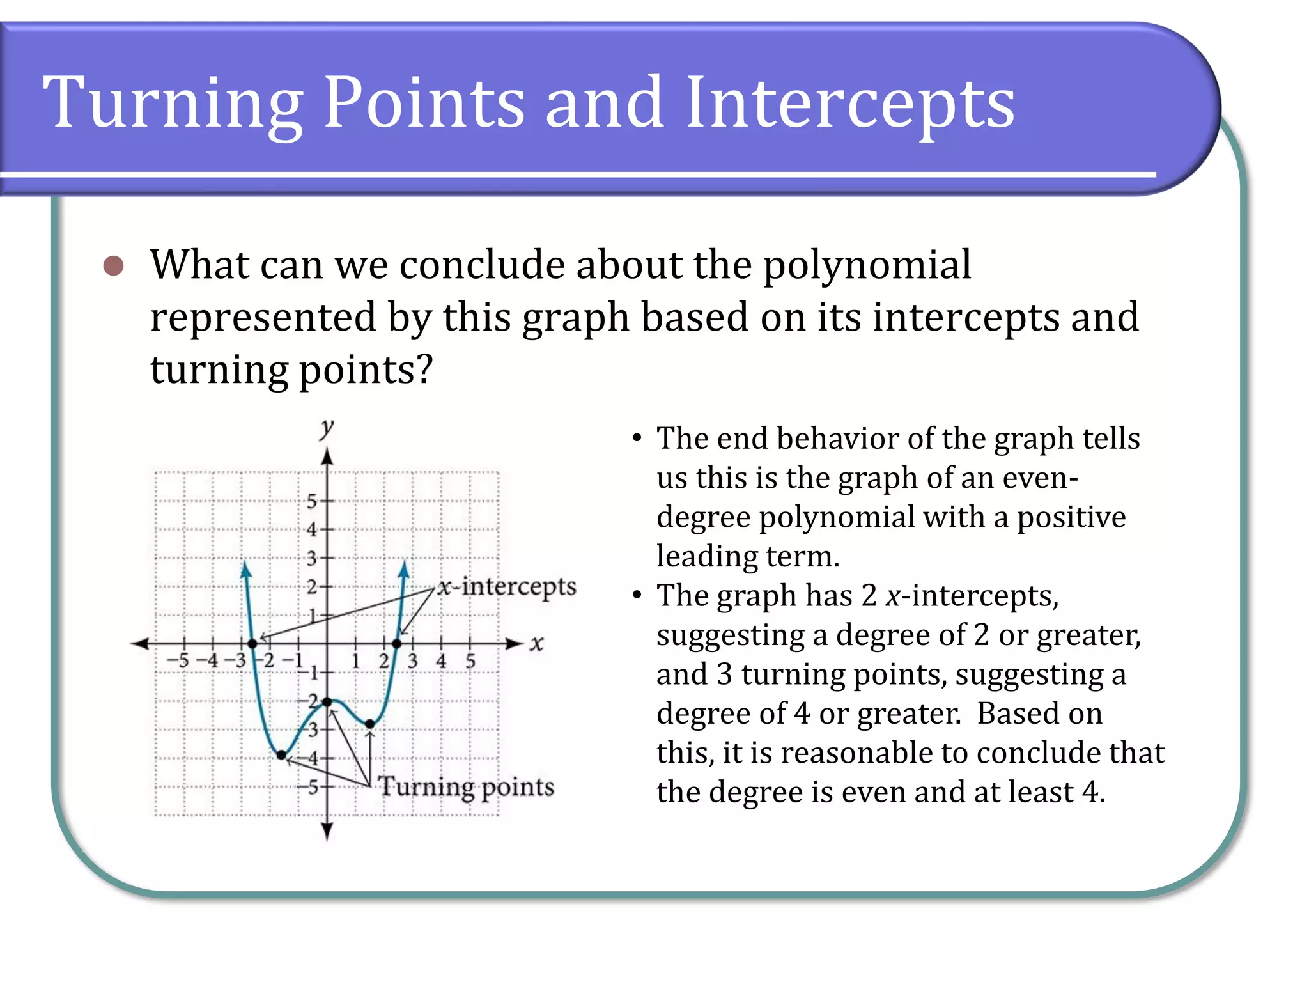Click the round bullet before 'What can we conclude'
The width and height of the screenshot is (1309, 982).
tap(113, 265)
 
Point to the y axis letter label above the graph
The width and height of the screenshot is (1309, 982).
tap(327, 428)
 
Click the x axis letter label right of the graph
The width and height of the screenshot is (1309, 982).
tap(536, 643)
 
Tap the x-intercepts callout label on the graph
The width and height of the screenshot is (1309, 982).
tap(507, 586)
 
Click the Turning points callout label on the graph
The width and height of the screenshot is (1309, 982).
tap(466, 787)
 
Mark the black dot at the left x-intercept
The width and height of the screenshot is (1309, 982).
tap(252, 643)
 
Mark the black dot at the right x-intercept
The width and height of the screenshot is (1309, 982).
tap(397, 643)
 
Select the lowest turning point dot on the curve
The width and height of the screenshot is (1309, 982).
tap(281, 755)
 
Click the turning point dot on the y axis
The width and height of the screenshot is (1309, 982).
tap(327, 702)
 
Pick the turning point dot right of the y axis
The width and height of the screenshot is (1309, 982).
tap(370, 724)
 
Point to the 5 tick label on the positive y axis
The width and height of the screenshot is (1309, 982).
tap(312, 501)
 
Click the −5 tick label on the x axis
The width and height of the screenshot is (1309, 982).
tap(178, 660)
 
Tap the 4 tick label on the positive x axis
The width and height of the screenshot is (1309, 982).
tap(441, 661)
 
